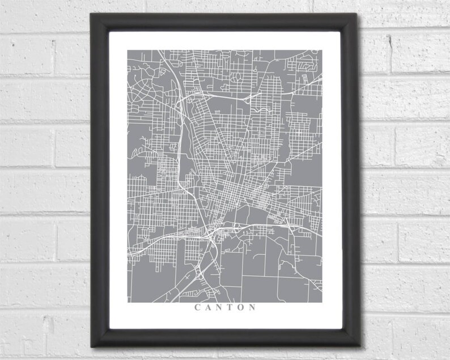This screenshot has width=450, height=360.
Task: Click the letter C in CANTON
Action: pyautogui.click(x=198, y=308)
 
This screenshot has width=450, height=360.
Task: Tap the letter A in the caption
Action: pyautogui.click(x=209, y=308)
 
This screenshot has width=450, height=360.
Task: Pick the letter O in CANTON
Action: pyautogui.click(x=241, y=308)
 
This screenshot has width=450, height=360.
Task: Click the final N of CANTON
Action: pyautogui.click(x=252, y=308)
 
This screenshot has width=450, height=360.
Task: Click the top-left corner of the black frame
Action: pyautogui.click(x=91, y=14)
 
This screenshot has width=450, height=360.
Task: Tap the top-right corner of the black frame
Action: pyautogui.click(x=358, y=14)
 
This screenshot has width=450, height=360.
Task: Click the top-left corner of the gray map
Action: pyautogui.click(x=128, y=50)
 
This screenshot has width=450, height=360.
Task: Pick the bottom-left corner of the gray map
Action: pyautogui.click(x=128, y=302)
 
